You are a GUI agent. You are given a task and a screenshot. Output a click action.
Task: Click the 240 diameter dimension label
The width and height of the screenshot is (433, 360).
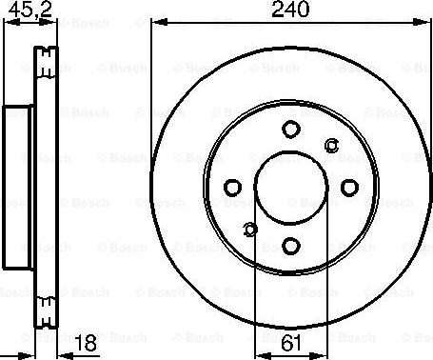point(290,11)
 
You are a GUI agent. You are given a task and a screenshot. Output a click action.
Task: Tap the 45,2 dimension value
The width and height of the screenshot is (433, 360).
point(19,11)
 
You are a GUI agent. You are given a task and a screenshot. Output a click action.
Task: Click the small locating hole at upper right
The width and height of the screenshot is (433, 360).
point(331,145)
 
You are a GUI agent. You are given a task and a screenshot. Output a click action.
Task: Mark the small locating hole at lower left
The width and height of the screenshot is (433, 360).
point(249,229)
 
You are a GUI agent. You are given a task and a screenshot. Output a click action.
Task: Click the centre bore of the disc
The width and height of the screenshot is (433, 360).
point(289,187)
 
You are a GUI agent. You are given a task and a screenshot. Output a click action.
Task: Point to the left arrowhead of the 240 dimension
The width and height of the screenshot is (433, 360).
point(155,24)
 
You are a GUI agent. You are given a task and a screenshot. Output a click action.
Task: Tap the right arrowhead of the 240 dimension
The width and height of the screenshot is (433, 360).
point(424,24)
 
